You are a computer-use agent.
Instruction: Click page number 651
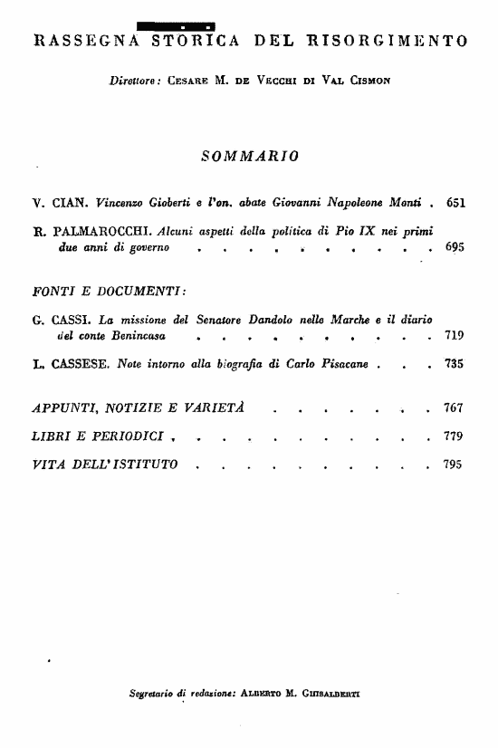click(455, 206)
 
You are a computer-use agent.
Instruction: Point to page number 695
click(455, 246)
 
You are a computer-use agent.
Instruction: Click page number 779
click(455, 437)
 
